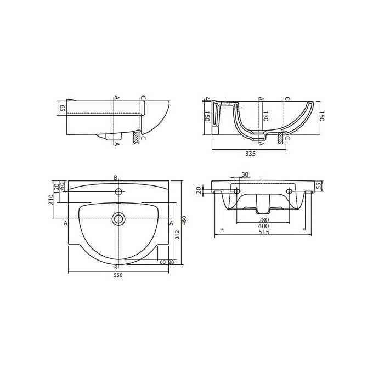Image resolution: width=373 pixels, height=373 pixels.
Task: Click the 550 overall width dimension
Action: click(x=117, y=275)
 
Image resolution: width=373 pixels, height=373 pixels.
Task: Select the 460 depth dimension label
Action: click(x=184, y=220)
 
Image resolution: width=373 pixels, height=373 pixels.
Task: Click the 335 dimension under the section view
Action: click(x=250, y=154)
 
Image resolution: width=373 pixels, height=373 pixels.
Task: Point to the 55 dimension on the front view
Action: click(x=318, y=187)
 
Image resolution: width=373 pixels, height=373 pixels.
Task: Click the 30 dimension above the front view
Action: click(x=245, y=175)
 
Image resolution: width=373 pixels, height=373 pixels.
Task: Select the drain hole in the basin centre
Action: click(x=118, y=219)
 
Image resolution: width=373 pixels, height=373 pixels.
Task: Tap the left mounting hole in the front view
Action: click(x=236, y=191)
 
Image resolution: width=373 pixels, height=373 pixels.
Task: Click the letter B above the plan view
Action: click(x=115, y=177)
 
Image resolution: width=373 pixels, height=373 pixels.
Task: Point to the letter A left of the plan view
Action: click(x=66, y=223)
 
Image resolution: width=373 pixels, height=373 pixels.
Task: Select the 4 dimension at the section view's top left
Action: click(x=206, y=99)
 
